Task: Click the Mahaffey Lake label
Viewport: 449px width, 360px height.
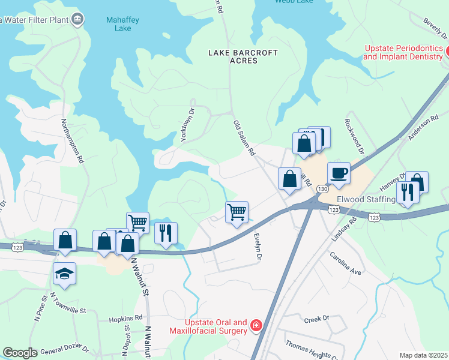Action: click(122, 24)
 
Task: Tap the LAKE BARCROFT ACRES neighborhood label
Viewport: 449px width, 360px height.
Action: click(243, 56)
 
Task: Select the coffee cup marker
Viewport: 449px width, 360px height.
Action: click(339, 173)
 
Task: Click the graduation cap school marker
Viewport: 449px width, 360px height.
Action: click(64, 274)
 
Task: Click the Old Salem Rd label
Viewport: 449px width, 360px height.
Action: click(244, 137)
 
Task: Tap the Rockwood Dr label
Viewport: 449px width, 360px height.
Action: click(354, 136)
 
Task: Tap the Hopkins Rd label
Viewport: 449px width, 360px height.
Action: click(125, 318)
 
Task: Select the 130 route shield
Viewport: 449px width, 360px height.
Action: click(323, 189)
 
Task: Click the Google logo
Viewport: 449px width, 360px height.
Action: click(20, 353)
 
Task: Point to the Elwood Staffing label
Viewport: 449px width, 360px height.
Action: click(366, 199)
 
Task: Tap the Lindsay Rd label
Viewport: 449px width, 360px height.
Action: click(345, 230)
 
